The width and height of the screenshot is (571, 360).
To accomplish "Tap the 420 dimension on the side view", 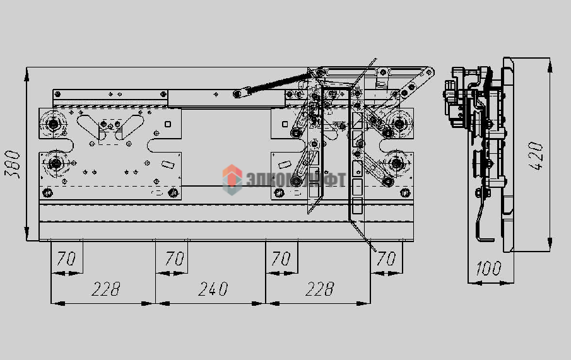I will click(536, 156).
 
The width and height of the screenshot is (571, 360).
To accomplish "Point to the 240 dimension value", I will click(213, 289).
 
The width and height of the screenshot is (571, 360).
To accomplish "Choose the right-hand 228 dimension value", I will click(319, 289).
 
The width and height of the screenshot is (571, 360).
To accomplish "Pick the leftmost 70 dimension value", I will click(66, 258).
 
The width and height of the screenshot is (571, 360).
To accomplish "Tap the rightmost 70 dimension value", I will click(386, 258).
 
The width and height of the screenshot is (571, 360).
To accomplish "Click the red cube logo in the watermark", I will click(232, 178).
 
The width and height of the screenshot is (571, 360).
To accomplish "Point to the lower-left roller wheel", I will click(56, 165).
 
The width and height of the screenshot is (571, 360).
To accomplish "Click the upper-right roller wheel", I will click(399, 124).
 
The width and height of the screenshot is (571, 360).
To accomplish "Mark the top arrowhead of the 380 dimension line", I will click(27, 74).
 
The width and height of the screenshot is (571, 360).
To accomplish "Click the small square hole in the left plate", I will click(168, 124).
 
